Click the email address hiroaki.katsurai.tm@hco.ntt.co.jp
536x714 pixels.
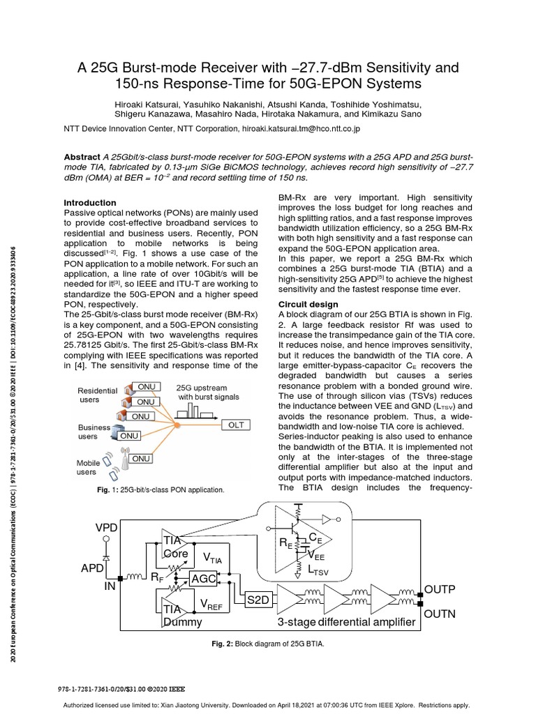[x=298, y=129]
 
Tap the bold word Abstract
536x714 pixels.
[x=82, y=158]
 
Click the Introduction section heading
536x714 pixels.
[x=90, y=203]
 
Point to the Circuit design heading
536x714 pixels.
[x=308, y=305]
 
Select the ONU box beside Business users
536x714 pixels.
[x=130, y=435]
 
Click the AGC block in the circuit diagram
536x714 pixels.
[x=204, y=579]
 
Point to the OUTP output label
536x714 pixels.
[x=440, y=590]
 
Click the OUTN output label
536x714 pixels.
[x=440, y=614]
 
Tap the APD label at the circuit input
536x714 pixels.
[x=92, y=568]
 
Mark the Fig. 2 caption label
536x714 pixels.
[x=223, y=644]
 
